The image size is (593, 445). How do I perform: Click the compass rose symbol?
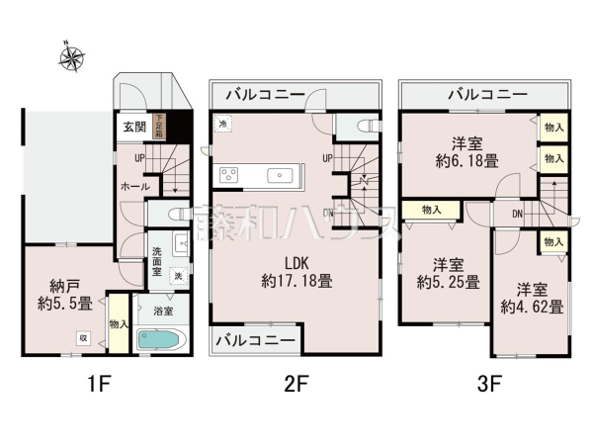pyautogui.click(x=71, y=59)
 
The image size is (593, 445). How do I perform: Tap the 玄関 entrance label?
pyautogui.click(x=133, y=128)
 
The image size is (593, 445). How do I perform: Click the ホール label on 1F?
pyautogui.click(x=134, y=186)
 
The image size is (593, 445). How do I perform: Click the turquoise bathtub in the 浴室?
pyautogui.click(x=157, y=340)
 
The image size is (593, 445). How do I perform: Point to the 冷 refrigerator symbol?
pyautogui.click(x=224, y=125)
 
